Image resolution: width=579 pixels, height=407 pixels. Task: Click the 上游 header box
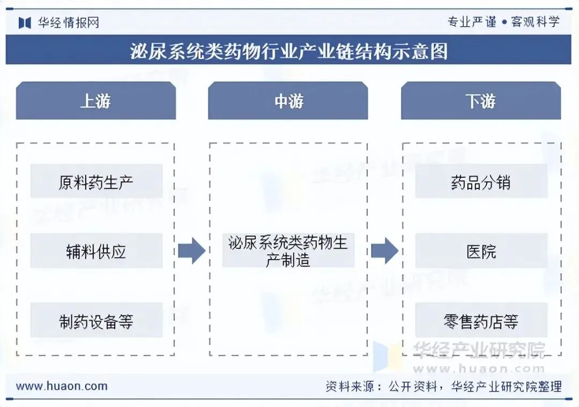click(96, 101)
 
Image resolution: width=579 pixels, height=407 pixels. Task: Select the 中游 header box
click(288, 101)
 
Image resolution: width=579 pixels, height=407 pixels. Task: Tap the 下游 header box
click(481, 101)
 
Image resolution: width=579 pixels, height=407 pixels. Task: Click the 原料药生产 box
click(96, 182)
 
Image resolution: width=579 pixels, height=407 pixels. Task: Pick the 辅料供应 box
click(96, 251)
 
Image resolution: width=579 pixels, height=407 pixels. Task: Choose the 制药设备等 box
click(96, 321)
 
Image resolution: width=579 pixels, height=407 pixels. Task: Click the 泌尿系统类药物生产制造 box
click(288, 251)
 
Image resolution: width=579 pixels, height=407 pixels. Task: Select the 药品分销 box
click(481, 182)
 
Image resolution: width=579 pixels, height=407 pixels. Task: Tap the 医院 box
click(481, 251)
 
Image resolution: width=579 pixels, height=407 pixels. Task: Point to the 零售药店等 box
click(481, 321)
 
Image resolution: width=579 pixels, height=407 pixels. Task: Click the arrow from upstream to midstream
click(191, 251)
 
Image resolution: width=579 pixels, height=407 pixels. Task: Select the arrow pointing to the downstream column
click(384, 251)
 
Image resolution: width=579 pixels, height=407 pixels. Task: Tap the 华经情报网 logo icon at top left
click(25, 22)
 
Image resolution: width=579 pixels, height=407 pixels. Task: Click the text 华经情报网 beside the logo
click(68, 22)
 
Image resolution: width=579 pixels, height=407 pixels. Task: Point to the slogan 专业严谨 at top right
click(472, 22)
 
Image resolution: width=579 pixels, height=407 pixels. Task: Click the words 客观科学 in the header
click(535, 22)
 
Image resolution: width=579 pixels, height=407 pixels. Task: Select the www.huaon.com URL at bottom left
click(62, 386)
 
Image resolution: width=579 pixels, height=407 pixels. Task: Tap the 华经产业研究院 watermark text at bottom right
click(478, 350)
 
